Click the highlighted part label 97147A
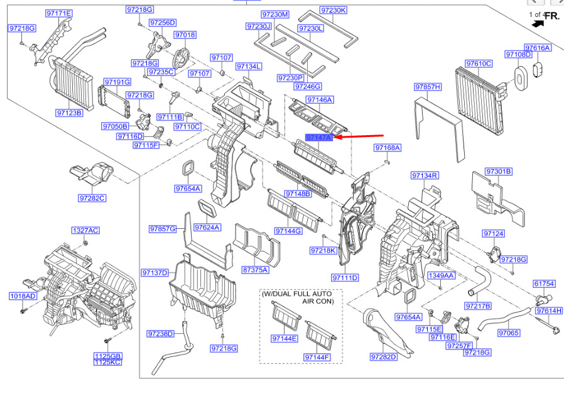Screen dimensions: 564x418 pos(319,137)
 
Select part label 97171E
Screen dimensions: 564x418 pos(59,13)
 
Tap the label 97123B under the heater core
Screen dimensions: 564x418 pos(70,113)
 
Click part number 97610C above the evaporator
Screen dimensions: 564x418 pos(479,63)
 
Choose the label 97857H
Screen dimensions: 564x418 pos(428,87)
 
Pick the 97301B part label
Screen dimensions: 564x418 pos(499,172)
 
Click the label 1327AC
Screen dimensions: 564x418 pos(85,231)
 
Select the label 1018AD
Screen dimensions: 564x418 pos(23,296)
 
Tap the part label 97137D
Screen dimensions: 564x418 pos(155,273)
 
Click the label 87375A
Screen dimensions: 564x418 pos(256,270)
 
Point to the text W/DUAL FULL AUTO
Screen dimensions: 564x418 pos(296,294)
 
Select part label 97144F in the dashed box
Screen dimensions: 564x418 pos(317,357)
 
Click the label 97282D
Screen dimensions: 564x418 pos(384,357)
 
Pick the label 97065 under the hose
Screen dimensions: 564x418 pos(509,333)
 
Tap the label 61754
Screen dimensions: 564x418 pos(545,283)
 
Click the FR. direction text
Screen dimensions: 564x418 pos(553,16)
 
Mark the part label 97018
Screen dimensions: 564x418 pos(185,35)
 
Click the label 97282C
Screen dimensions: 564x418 pos(92,198)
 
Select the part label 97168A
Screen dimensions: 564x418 pos(388,148)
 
